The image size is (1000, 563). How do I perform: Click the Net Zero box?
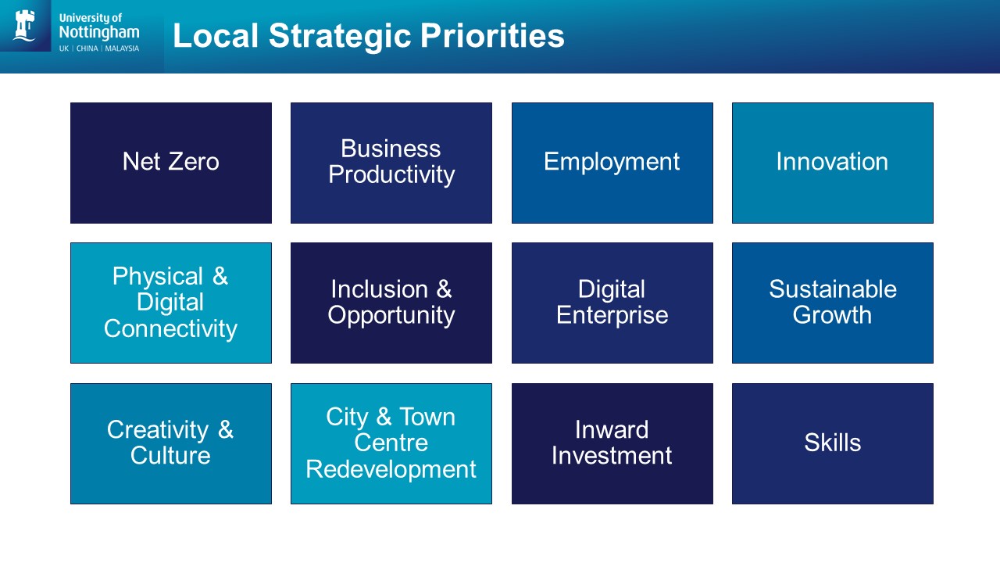tap(171, 163)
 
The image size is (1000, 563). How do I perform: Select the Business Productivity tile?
tap(391, 163)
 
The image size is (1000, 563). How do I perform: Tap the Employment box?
tap(612, 163)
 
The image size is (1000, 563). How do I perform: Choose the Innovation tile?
tap(832, 163)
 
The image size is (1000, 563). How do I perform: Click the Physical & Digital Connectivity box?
tap(171, 303)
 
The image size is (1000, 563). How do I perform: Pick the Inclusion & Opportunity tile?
tap(391, 303)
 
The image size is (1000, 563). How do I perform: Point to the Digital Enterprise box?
tap(612, 303)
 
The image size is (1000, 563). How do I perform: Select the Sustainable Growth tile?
tap(832, 303)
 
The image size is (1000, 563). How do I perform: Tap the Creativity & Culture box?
tap(171, 443)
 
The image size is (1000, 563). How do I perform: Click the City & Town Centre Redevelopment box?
tap(391, 443)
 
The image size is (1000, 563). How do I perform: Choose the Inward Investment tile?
tap(612, 443)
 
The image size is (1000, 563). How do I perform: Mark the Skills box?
tap(832, 443)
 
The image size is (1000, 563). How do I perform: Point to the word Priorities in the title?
tap(493, 36)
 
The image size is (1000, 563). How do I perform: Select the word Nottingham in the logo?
tap(98, 32)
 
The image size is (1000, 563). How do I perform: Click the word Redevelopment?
tap(391, 469)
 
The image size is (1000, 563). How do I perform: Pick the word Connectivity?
tap(170, 328)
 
